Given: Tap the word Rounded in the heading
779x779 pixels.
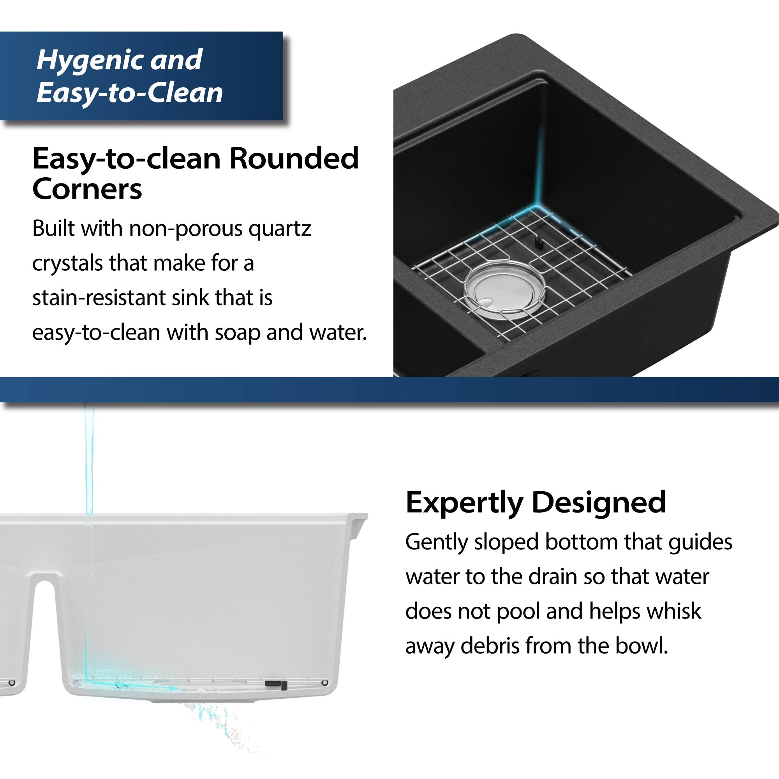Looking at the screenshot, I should coord(294,159).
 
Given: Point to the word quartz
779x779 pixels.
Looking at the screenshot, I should coord(279,229).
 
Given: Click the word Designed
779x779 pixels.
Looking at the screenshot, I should coord(599,502).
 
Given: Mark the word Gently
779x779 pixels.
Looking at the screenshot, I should coord(436,542).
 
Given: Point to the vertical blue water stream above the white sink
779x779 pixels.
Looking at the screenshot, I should coord(89,464).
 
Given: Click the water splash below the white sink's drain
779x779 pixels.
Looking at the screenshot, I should coord(214,722).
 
